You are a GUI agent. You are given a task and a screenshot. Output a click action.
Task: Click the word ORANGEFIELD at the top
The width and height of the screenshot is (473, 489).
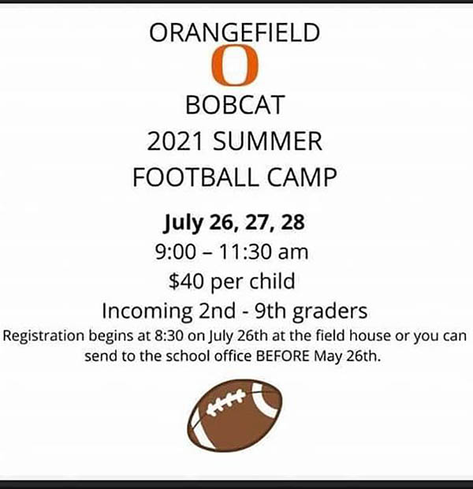(234, 32)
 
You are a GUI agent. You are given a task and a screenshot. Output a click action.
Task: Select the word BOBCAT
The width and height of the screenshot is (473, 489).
(235, 105)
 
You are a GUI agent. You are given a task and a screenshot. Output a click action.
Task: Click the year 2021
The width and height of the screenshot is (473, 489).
(175, 142)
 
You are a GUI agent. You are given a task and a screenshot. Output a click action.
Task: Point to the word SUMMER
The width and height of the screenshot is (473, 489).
(267, 142)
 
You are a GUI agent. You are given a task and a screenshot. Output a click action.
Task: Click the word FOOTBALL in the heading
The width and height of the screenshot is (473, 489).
(196, 177)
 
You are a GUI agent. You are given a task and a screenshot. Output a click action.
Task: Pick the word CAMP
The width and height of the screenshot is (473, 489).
(302, 177)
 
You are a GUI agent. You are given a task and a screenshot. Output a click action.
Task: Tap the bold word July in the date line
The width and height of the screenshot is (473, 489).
(184, 223)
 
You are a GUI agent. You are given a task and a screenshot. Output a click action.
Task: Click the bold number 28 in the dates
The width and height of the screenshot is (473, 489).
(292, 222)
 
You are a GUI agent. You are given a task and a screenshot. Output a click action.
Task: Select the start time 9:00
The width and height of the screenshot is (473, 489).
(175, 252)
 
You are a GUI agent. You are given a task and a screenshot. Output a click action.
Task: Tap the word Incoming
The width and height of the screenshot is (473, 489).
(147, 312)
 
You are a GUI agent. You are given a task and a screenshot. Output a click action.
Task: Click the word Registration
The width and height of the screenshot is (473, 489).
(43, 337)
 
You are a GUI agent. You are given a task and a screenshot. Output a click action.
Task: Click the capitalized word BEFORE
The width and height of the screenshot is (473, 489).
(283, 356)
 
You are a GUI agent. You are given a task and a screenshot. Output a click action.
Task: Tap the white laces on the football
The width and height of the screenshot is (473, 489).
(226, 402)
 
